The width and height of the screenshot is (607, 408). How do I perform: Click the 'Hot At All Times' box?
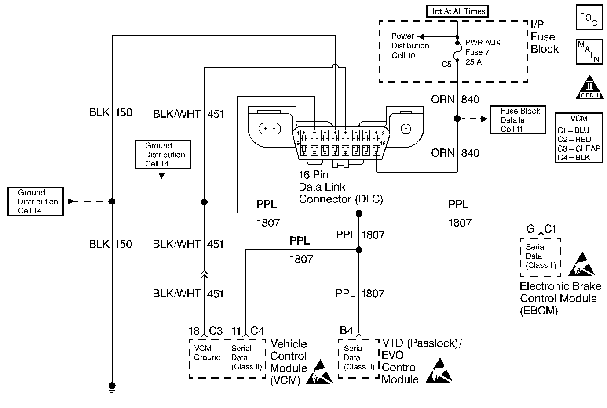coord(457,11)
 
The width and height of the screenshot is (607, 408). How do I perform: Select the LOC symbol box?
coord(588,18)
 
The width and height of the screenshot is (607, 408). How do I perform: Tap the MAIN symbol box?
coord(588,52)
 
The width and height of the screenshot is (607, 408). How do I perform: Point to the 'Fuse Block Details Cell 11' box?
coord(518,120)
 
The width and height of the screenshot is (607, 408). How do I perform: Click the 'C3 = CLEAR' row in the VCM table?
coord(578,148)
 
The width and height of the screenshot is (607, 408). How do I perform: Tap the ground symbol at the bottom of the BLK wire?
coord(112,387)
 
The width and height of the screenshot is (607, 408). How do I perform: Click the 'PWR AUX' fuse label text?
coord(483,43)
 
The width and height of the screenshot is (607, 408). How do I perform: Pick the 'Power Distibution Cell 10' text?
coord(410,46)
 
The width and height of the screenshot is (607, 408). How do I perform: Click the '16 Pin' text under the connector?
coord(314,175)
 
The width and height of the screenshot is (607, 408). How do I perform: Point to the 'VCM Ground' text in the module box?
coord(207,353)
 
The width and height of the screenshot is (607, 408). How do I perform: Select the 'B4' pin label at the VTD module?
coord(347,331)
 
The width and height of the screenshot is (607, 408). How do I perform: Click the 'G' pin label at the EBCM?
coord(530,229)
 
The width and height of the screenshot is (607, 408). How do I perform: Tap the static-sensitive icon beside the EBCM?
coord(581,264)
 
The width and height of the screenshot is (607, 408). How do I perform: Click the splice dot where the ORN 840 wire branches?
coord(457,119)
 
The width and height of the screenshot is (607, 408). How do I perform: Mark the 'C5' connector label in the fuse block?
coord(446,65)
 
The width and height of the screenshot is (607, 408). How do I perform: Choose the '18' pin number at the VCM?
coord(194,331)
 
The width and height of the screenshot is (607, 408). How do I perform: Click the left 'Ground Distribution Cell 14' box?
coord(36,202)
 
